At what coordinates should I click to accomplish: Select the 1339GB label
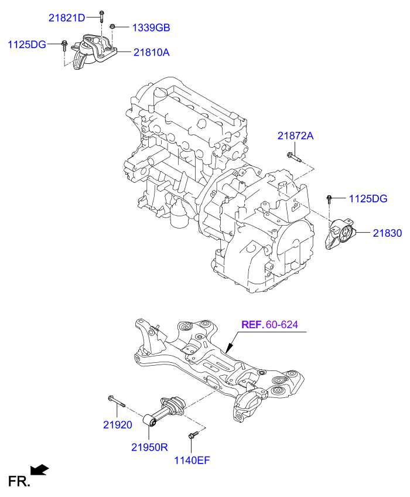pos(151,28)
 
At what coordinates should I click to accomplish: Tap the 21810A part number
pos(151,52)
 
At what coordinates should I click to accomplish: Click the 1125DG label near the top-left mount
pos(26,44)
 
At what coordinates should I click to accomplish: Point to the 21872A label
pos(295,136)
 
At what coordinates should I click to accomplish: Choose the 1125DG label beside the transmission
pos(368,199)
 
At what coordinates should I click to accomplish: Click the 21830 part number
pos(387,233)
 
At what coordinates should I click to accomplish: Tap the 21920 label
pos(118,424)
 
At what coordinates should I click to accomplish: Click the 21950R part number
pos(149,447)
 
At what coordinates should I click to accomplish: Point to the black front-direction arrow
pos(40,469)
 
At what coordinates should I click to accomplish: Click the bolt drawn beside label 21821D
pos(101,17)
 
